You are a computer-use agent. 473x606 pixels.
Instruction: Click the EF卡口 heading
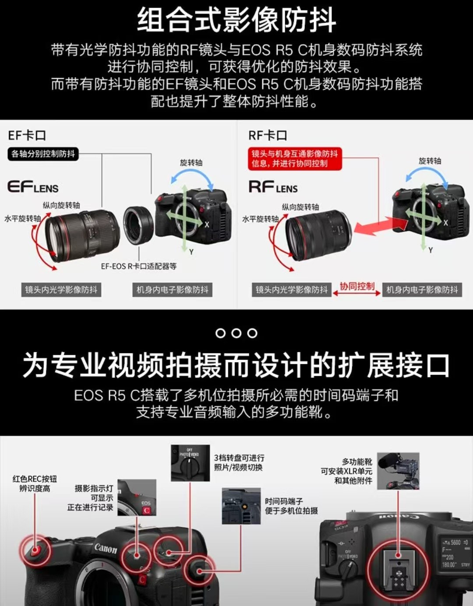[27, 135]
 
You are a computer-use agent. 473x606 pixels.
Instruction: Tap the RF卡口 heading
[267, 135]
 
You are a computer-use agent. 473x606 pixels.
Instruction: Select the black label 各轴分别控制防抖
[43, 154]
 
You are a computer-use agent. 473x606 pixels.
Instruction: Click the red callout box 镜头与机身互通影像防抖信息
[294, 159]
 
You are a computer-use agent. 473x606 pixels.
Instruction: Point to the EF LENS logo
[33, 187]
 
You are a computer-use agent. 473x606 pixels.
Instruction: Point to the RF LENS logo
[273, 187]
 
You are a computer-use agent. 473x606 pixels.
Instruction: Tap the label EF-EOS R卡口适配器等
[139, 266]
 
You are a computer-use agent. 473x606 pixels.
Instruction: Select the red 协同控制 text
[357, 286]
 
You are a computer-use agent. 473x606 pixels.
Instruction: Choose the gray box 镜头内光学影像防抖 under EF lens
[61, 290]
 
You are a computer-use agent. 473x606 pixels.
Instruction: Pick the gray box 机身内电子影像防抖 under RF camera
[422, 290]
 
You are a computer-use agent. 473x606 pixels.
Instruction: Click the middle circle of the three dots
[236, 333]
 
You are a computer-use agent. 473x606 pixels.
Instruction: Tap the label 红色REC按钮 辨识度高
[35, 483]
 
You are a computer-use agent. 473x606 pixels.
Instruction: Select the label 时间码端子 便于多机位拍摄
[291, 506]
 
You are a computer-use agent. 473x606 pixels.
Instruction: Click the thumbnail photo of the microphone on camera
[398, 471]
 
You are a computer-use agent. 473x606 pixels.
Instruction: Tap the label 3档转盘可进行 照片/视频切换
[239, 462]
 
